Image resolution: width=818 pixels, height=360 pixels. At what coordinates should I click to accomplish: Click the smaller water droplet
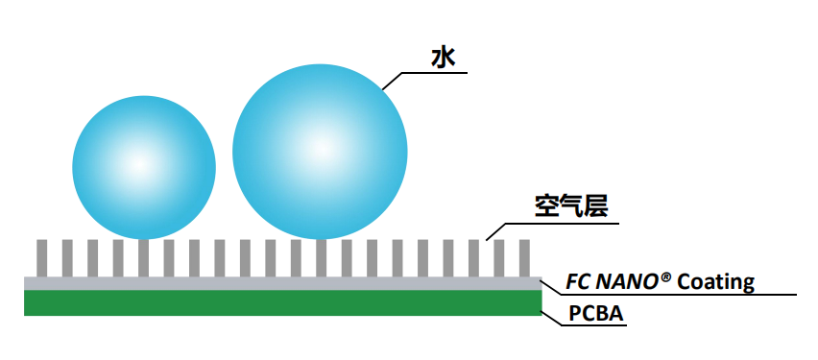(x=144, y=167)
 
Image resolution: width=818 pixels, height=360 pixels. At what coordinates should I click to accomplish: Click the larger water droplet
(x=320, y=152)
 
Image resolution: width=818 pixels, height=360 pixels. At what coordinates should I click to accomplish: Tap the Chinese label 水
(x=443, y=58)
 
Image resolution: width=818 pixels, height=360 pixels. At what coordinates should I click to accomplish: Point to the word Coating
(x=716, y=282)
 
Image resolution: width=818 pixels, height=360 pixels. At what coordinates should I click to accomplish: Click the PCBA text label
(x=596, y=314)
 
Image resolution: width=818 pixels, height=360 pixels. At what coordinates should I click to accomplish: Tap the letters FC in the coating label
(x=579, y=281)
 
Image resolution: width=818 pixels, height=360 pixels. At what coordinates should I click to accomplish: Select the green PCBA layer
(x=283, y=302)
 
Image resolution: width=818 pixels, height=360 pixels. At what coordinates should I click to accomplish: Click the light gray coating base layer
(x=283, y=283)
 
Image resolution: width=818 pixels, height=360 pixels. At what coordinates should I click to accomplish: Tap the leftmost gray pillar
(x=41, y=258)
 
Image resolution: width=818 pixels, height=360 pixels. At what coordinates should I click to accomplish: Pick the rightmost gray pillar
(x=525, y=258)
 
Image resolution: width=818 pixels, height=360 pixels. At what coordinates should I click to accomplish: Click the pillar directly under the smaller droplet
(x=143, y=258)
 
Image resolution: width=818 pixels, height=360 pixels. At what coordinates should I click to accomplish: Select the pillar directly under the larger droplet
(x=322, y=258)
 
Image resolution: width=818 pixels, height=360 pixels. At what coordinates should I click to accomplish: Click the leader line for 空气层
(x=551, y=225)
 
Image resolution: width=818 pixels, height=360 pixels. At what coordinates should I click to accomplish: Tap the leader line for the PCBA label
(x=583, y=325)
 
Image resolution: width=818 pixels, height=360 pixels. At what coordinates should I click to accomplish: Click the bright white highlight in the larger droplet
(x=320, y=149)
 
